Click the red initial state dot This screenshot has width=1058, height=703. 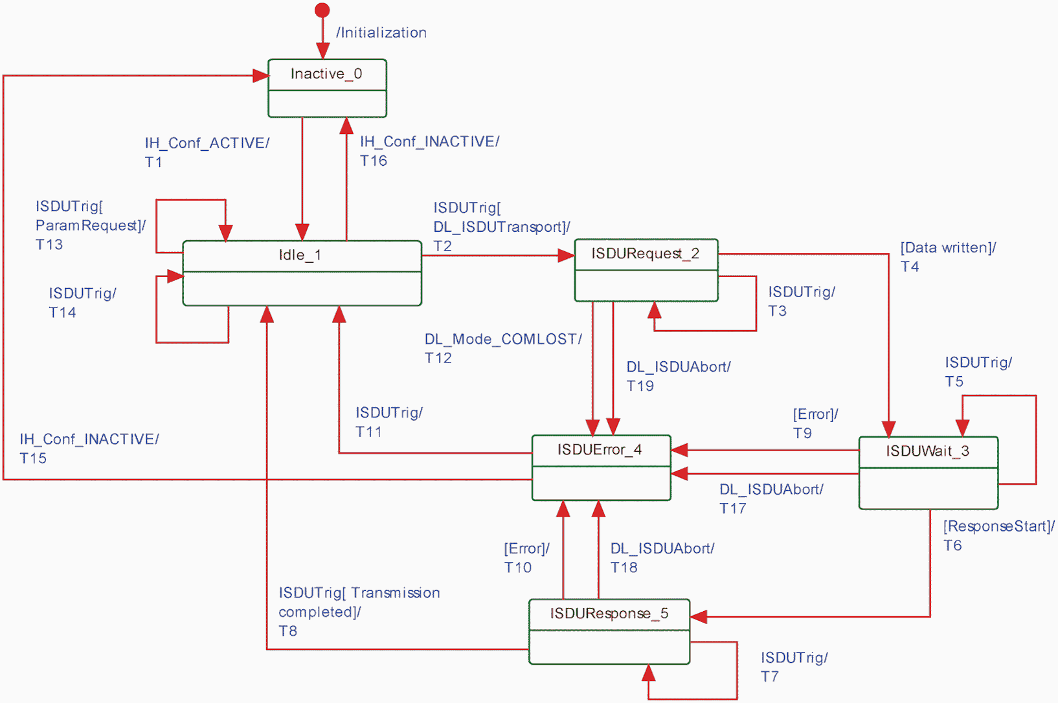coord(322,10)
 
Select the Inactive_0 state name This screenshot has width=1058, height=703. coord(326,74)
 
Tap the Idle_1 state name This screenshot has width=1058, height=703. coord(300,255)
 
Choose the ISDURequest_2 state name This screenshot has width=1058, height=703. coord(645,254)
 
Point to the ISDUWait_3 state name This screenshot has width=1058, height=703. coord(928,451)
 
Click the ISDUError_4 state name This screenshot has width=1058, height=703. coord(600,449)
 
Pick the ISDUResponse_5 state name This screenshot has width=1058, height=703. coord(609,613)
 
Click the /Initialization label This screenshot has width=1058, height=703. coord(381,32)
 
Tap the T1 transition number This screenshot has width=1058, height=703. coord(153,162)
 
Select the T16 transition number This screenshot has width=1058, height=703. coord(374,161)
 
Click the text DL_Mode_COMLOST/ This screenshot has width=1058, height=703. coord(503,339)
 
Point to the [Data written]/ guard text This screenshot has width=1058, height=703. coord(948,248)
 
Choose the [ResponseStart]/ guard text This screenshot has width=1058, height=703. coord(998,526)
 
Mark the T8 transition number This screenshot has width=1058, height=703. coord(287,631)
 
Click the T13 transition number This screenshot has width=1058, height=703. coord(49,245)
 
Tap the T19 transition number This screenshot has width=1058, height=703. coord(640,386)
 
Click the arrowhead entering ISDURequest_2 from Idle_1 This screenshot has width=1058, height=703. coord(567,256)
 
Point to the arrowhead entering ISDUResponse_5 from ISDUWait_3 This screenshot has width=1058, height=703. coord(698,617)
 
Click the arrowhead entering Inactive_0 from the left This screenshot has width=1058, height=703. coord(260,76)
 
